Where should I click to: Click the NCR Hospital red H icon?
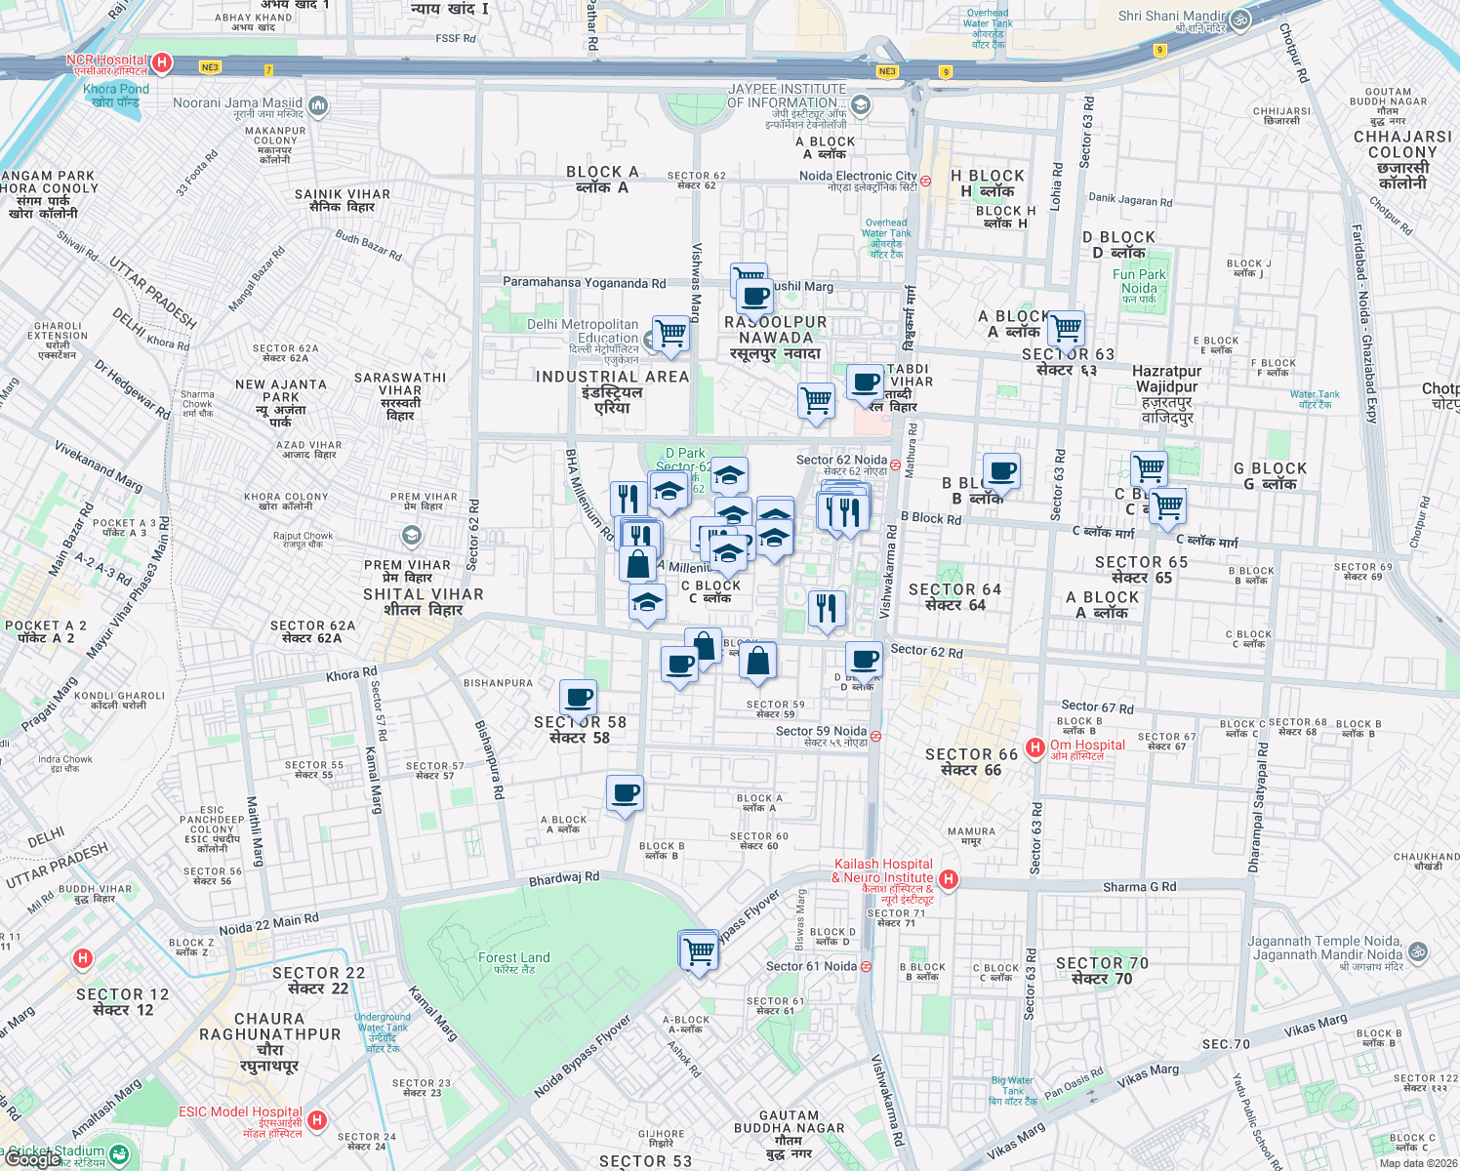click(x=162, y=64)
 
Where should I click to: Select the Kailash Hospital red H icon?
click(x=947, y=879)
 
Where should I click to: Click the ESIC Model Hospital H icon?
click(x=316, y=1120)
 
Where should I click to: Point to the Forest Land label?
click(x=513, y=958)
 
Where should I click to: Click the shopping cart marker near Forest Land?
click(x=699, y=949)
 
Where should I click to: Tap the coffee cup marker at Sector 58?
click(x=579, y=698)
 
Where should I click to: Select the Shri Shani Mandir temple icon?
click(x=1240, y=19)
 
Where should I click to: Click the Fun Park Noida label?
click(x=1139, y=281)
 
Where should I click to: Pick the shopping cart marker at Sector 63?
click(x=1066, y=328)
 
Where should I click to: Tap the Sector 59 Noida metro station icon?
click(x=875, y=736)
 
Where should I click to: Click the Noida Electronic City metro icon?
click(x=925, y=181)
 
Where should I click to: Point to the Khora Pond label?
click(x=116, y=95)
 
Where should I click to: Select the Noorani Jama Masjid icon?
click(x=317, y=105)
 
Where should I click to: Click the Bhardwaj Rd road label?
click(x=564, y=878)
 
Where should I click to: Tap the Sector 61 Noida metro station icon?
click(x=866, y=967)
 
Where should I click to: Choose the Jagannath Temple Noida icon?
click(x=1418, y=949)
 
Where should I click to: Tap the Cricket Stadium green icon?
click(x=118, y=1154)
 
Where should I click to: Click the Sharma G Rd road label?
click(x=1139, y=887)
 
